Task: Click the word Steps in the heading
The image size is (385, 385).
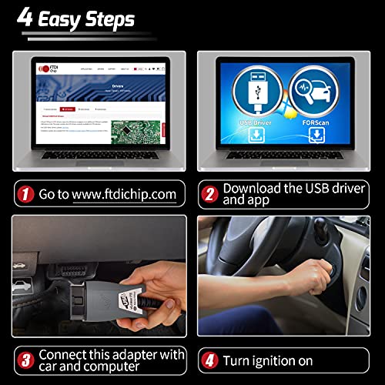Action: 106,19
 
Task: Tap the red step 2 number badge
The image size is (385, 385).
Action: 208,194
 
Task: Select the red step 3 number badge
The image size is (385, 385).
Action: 27,358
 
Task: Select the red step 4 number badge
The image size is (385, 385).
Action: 208,360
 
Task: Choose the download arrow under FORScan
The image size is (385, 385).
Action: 316,136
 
